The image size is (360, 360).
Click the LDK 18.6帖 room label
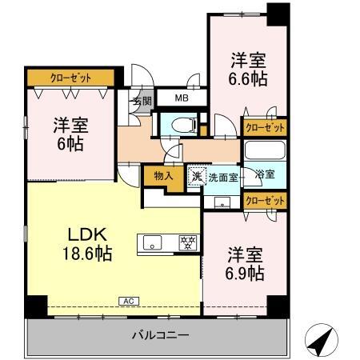point(87,243)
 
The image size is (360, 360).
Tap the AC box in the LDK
point(129,302)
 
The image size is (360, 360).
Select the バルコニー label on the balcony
point(161,335)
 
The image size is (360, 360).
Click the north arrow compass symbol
point(322,340)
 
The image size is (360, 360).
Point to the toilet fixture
point(184,126)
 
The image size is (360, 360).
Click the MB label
point(182,98)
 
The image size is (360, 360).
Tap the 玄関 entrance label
point(142,101)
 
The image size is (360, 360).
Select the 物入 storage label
point(163,176)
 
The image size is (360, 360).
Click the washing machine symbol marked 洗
point(197,175)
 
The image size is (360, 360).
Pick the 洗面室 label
point(223,178)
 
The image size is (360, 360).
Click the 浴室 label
point(265,174)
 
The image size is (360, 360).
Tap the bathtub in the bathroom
point(265,150)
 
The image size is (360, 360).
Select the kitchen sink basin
point(152,242)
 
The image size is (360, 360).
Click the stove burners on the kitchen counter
point(188,242)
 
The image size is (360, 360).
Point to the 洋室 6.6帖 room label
point(248,70)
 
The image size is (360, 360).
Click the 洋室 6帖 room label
point(70,134)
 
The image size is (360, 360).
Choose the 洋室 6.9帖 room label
point(245,264)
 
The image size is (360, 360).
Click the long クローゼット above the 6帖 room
point(70,78)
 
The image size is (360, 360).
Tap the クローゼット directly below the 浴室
point(265,201)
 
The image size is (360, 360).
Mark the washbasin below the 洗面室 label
point(222,202)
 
